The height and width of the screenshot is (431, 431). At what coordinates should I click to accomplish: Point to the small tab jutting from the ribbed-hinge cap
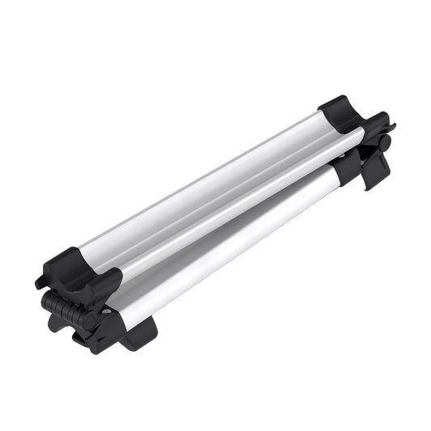pyautogui.click(x=40, y=282)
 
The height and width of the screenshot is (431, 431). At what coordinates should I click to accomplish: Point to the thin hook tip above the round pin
pyautogui.click(x=391, y=127)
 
